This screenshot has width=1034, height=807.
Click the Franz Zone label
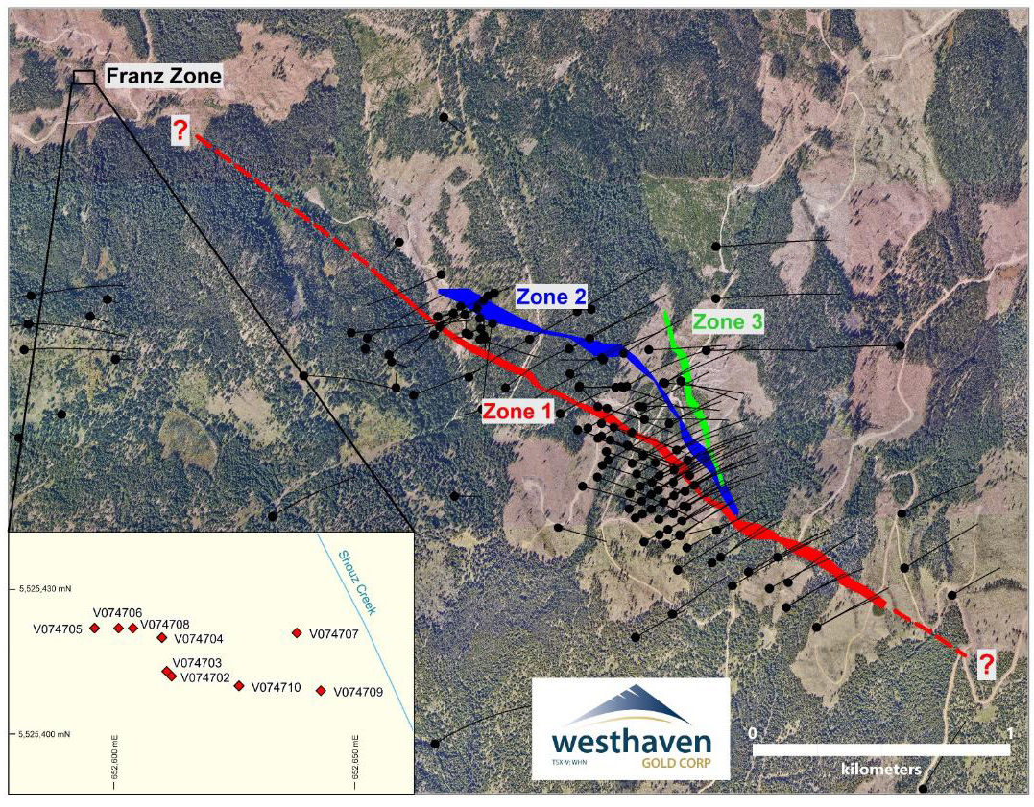click(162, 75)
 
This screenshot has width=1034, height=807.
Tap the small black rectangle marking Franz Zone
click(84, 77)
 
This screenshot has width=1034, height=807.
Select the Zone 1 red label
click(517, 411)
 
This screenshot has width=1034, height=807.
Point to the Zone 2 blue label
click(551, 297)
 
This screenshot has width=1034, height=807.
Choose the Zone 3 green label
click(728, 322)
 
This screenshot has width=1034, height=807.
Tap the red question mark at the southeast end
click(986, 663)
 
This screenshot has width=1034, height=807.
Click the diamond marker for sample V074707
click(297, 632)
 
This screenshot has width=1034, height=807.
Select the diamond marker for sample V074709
click(321, 690)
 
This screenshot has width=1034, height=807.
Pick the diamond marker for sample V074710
click(239, 685)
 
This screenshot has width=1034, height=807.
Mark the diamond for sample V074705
click(94, 628)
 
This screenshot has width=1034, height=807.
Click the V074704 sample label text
click(199, 639)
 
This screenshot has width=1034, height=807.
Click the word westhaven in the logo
click(631, 742)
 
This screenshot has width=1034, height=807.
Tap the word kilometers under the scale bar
click(881, 769)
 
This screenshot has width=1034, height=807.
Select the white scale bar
click(880, 748)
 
